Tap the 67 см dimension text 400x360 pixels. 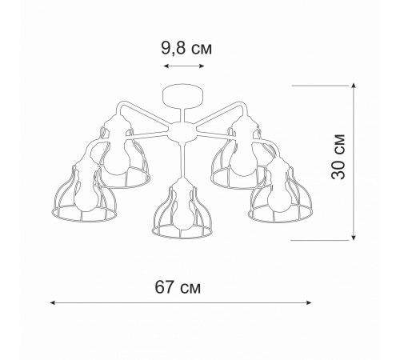click(177, 286)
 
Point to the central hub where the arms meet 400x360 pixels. click(182, 130)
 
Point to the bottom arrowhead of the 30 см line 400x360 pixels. click(355, 237)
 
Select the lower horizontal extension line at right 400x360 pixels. click(328, 239)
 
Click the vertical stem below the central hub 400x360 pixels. click(182, 160)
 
